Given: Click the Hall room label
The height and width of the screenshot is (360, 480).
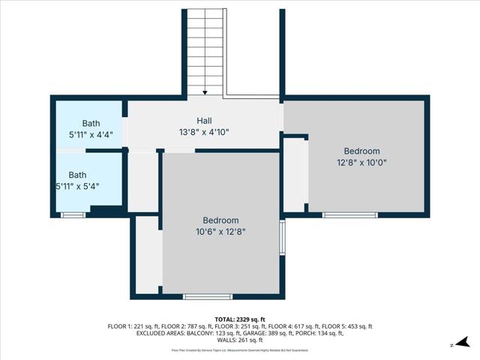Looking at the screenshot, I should click(204, 121).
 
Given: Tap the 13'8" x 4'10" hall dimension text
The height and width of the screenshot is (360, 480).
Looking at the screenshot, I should click(204, 132).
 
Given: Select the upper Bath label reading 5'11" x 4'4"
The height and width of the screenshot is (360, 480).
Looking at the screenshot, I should click(91, 123).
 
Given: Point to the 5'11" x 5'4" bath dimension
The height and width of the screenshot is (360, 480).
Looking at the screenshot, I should click(77, 186).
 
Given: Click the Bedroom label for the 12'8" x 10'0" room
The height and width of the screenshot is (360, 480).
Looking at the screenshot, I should click(361, 151).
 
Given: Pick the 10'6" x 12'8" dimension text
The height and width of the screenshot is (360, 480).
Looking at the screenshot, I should click(220, 232).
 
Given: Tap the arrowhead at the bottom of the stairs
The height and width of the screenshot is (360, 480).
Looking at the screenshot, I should click(205, 92).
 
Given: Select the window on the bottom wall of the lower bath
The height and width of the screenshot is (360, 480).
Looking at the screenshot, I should click(73, 215).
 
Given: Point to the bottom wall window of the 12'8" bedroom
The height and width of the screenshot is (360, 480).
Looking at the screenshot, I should click(349, 215).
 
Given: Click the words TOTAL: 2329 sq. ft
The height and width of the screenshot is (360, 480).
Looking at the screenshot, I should click(240, 319).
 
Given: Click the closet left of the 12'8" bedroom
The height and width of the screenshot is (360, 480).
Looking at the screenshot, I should click(295, 175).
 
